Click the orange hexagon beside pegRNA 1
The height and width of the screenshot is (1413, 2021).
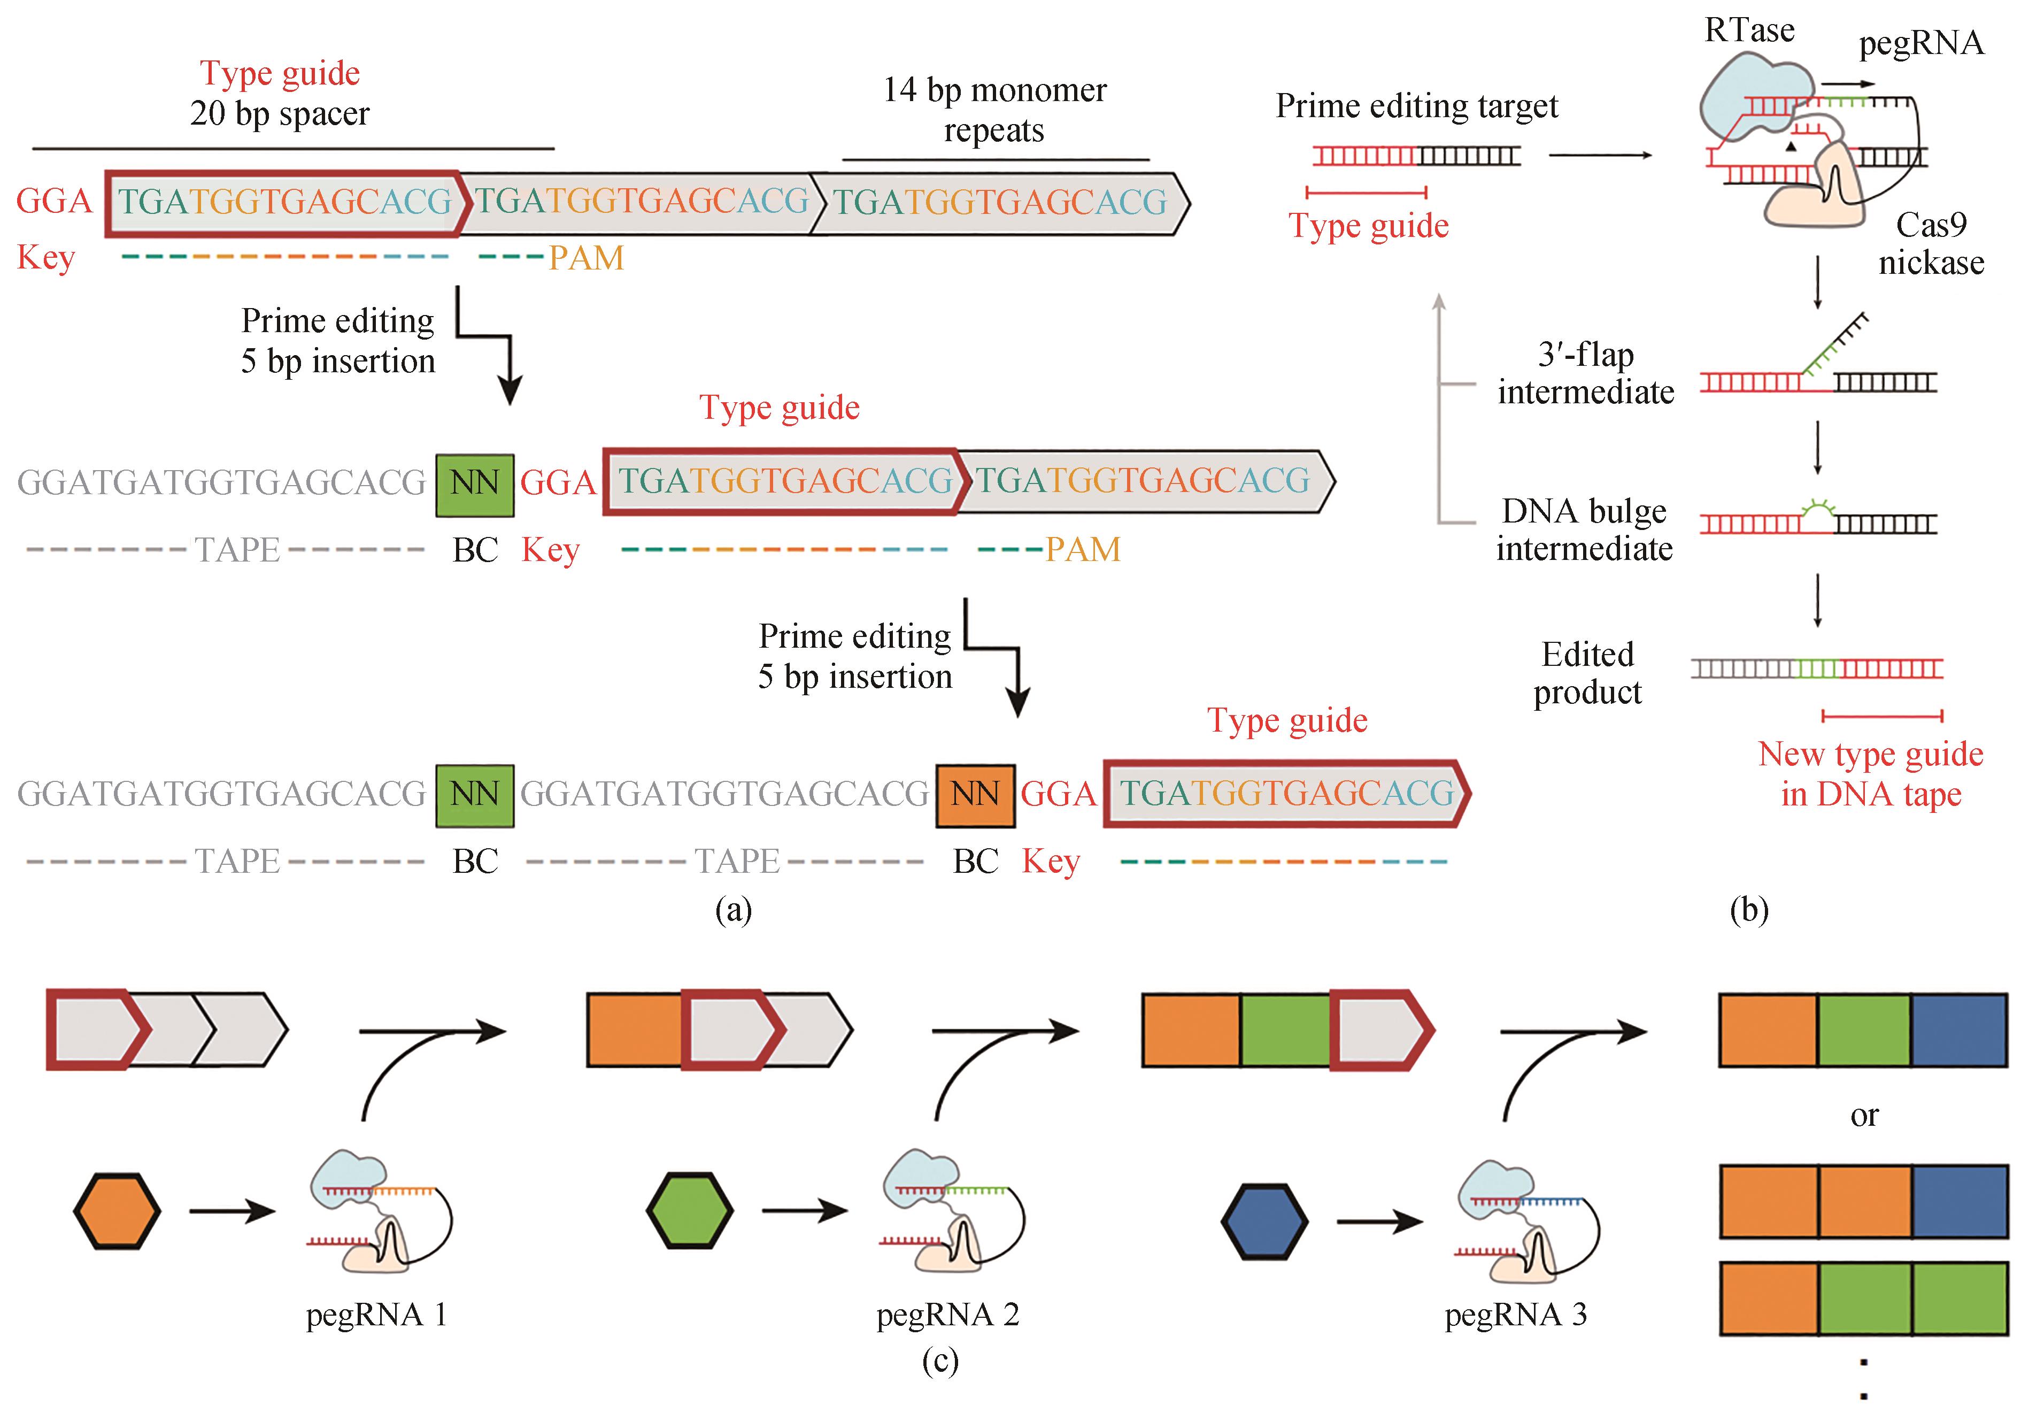(x=117, y=1211)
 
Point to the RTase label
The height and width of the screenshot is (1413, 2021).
(x=1748, y=31)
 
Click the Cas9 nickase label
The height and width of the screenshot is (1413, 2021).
(x=1931, y=244)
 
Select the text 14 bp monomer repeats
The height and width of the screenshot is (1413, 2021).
(x=994, y=110)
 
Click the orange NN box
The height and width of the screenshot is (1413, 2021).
(x=975, y=795)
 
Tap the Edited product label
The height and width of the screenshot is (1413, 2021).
(x=1587, y=673)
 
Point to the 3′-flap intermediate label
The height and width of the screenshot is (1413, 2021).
(x=1585, y=373)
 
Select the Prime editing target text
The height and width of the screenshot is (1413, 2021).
(x=1416, y=106)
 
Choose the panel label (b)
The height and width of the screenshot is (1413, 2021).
(x=1748, y=909)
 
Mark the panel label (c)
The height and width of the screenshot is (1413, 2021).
(x=940, y=1361)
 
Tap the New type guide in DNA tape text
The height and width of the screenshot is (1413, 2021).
(x=1870, y=774)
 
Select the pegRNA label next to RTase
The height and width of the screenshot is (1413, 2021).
(x=1920, y=43)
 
